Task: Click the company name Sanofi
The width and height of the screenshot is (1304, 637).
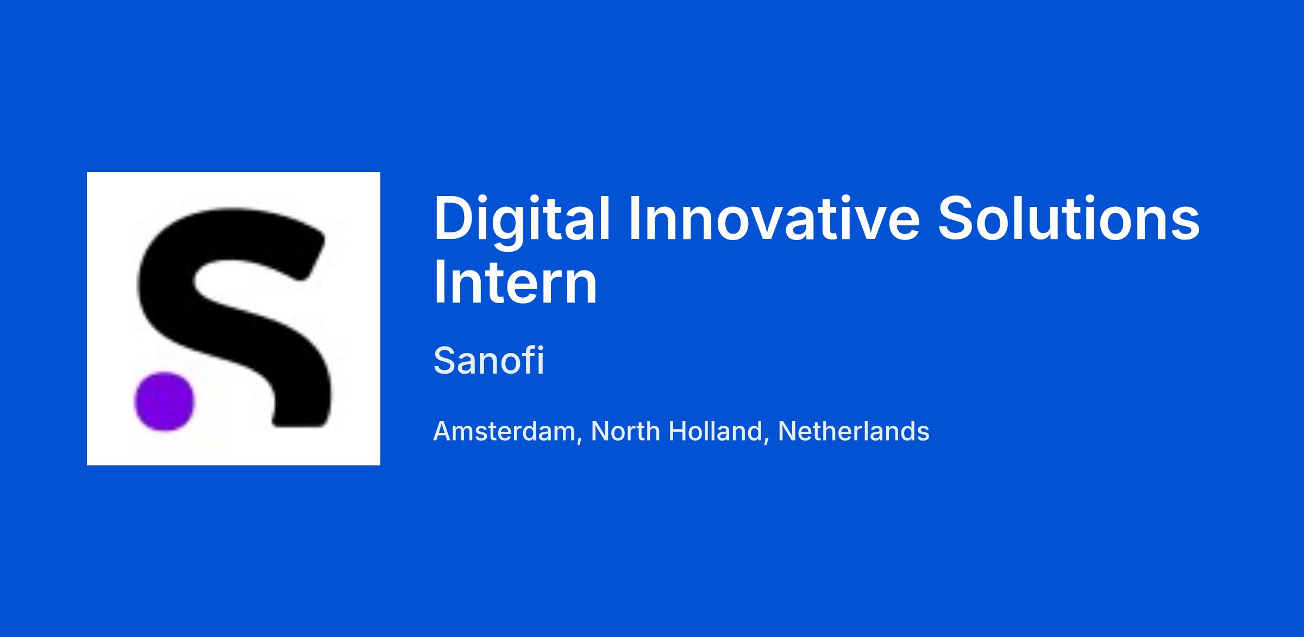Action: (x=488, y=361)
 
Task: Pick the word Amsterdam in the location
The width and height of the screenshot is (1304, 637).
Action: (x=504, y=432)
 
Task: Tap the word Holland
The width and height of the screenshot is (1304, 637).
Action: (x=715, y=432)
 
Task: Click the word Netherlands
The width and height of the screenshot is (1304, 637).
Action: (x=854, y=432)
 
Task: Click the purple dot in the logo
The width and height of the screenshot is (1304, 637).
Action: (x=164, y=401)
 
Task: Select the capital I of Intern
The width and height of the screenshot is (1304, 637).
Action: (x=438, y=282)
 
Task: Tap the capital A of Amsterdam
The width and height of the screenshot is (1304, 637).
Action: (x=443, y=432)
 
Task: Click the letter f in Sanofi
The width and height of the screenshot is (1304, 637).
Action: (x=528, y=360)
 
